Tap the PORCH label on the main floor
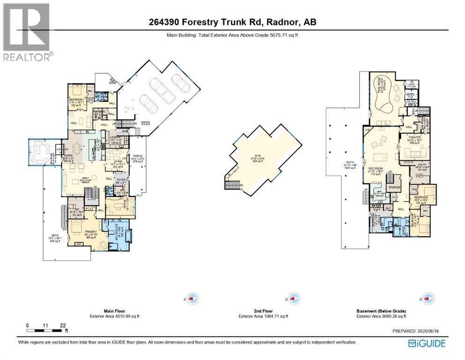click(x=138, y=156)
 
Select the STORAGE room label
click(x=394, y=187)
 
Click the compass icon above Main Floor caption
click(x=192, y=298)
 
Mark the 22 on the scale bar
click(x=63, y=325)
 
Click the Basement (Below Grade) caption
click(x=380, y=311)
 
